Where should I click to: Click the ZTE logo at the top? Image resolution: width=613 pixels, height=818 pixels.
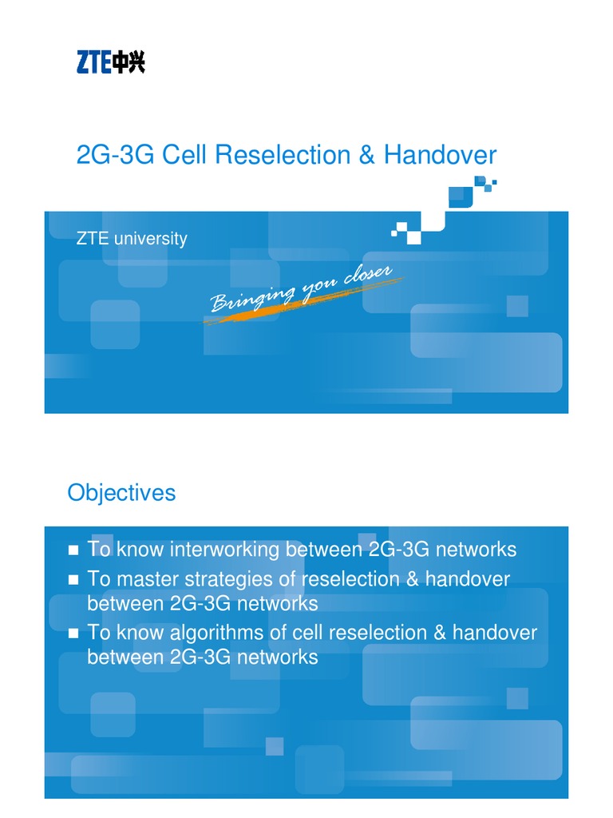coord(110,62)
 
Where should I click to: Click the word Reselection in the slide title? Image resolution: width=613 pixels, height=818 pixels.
coord(284,154)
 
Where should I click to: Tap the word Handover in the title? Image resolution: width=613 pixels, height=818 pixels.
coord(440,154)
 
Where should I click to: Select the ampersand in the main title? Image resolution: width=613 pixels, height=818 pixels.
coord(366,154)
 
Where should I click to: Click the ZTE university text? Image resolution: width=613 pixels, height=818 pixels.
coord(132,238)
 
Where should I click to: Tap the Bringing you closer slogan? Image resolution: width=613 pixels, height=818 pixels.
coord(301,290)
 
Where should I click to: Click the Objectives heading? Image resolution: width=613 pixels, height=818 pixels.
coord(121,492)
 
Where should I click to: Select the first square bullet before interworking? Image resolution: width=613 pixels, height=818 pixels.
coord(73,550)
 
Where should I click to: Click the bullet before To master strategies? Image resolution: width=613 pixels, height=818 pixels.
coord(73,579)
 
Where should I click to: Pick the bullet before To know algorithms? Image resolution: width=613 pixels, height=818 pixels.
coord(73,633)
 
